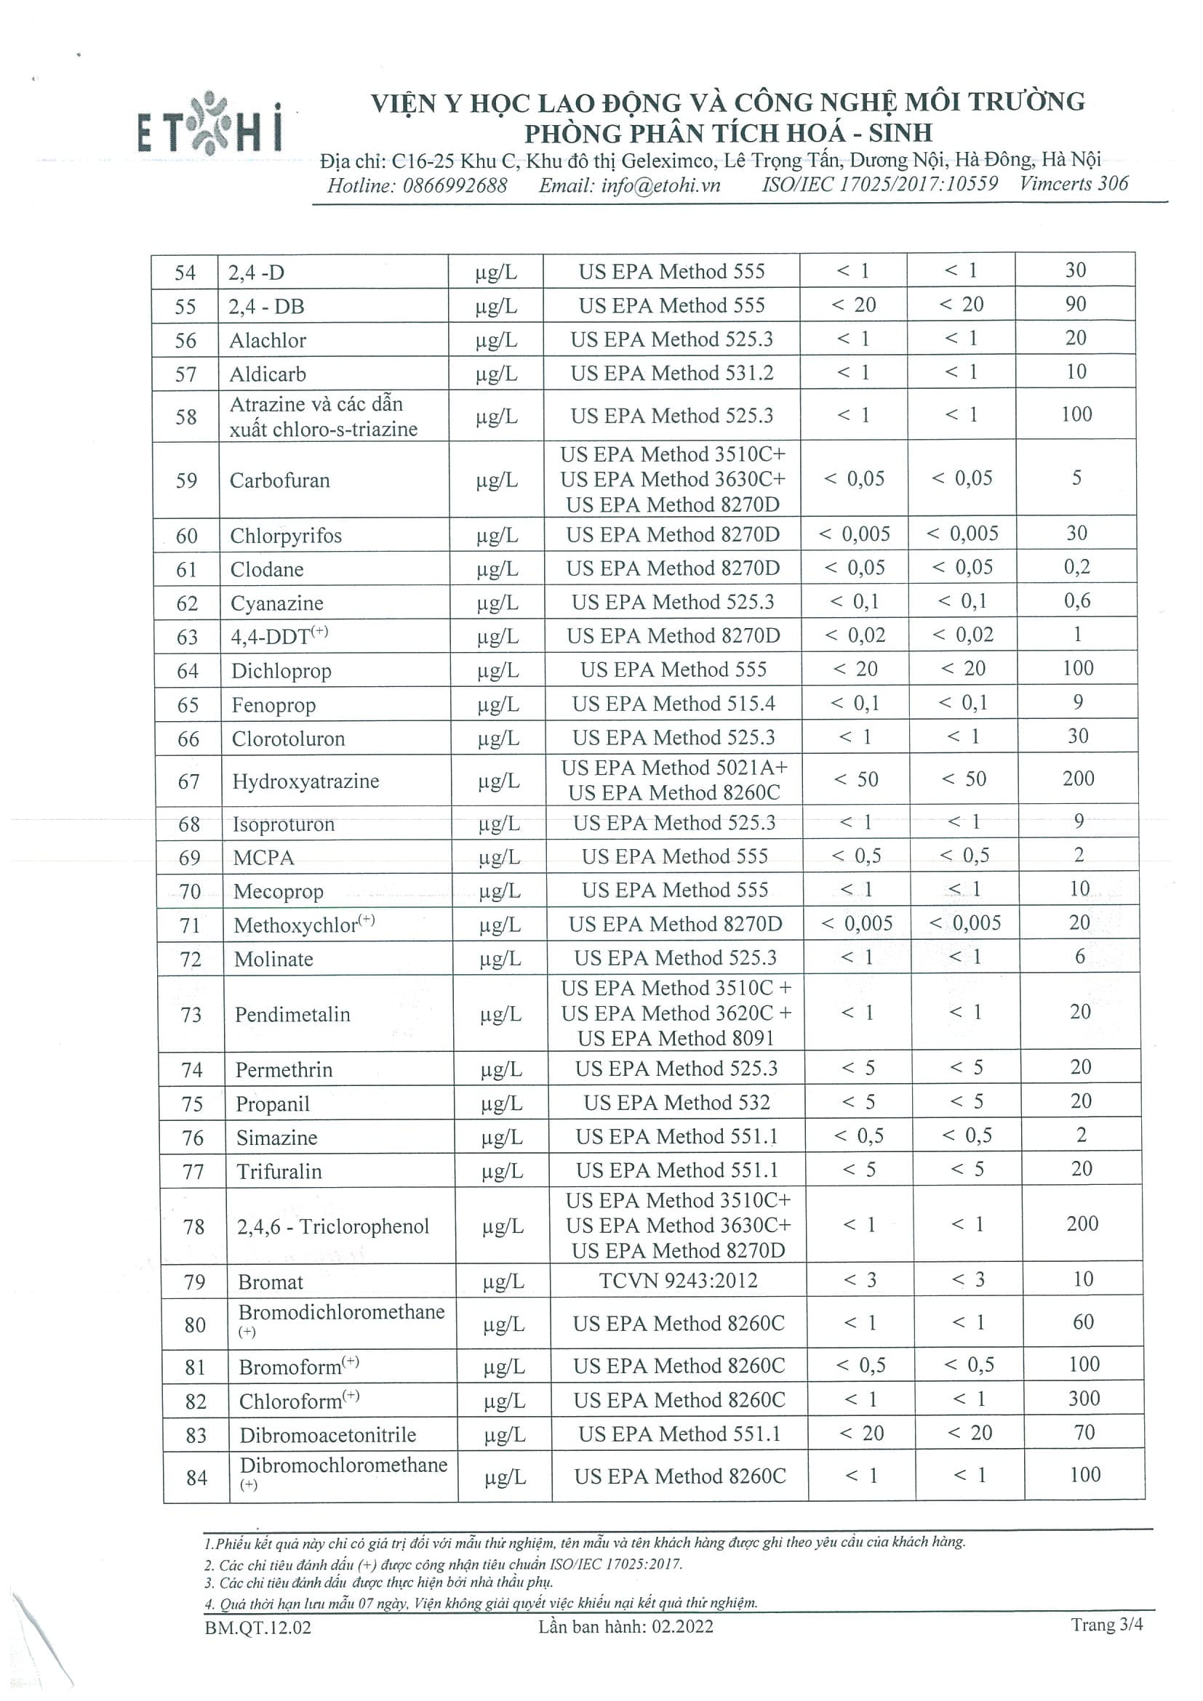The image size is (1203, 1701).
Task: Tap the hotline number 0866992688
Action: click(455, 185)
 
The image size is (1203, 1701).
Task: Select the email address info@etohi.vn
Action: click(630, 185)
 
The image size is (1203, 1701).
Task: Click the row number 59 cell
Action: click(187, 480)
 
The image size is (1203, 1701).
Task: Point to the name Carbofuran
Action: click(279, 480)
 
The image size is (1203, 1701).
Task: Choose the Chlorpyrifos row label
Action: click(286, 536)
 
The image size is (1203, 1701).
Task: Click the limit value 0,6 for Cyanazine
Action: click(1077, 601)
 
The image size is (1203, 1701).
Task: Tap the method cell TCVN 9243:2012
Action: click(678, 1280)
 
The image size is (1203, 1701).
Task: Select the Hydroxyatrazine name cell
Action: click(305, 781)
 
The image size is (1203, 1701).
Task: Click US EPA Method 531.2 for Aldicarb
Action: click(671, 373)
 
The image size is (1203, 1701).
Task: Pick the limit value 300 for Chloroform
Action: click(1084, 1398)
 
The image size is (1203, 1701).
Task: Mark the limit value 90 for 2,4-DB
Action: click(1076, 304)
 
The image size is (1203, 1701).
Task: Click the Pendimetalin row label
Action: click(293, 1014)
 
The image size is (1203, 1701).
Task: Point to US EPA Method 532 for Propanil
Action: click(676, 1103)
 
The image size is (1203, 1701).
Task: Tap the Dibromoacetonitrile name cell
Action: click(327, 1435)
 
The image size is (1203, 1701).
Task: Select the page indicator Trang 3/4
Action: click(1107, 1625)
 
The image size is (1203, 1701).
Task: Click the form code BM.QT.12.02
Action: click(258, 1627)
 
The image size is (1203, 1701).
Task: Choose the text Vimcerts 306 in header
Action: click(1074, 184)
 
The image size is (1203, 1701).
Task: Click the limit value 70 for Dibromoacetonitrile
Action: click(1084, 1432)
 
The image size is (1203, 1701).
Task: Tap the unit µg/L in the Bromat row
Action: click(503, 1282)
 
